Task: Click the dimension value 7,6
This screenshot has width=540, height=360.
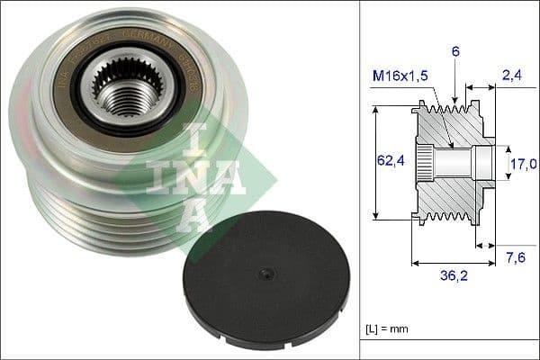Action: pyautogui.click(x=516, y=259)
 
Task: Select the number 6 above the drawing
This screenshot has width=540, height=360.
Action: pyautogui.click(x=456, y=53)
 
